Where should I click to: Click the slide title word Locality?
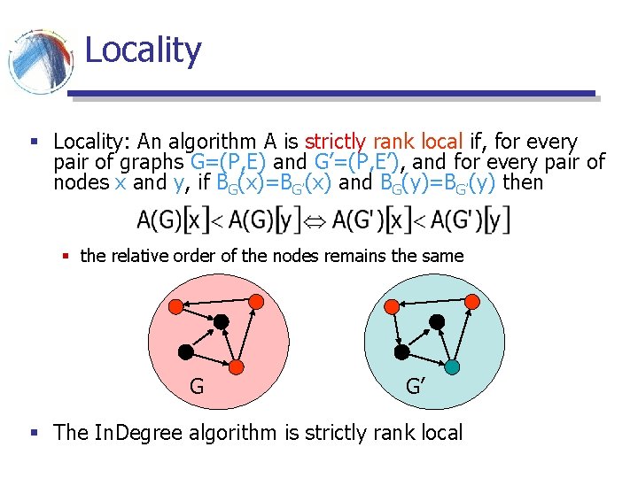click(143, 50)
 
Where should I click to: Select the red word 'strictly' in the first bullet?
click(336, 142)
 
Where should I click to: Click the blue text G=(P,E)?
click(228, 162)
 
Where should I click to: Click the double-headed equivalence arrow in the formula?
click(315, 219)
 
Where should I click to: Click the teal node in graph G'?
click(452, 366)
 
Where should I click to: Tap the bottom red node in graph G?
click(237, 366)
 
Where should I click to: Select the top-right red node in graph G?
click(256, 303)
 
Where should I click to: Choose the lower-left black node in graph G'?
click(401, 352)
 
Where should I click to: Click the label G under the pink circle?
click(196, 386)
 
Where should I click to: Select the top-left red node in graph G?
click(175, 306)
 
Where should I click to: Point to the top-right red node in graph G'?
click(472, 303)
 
